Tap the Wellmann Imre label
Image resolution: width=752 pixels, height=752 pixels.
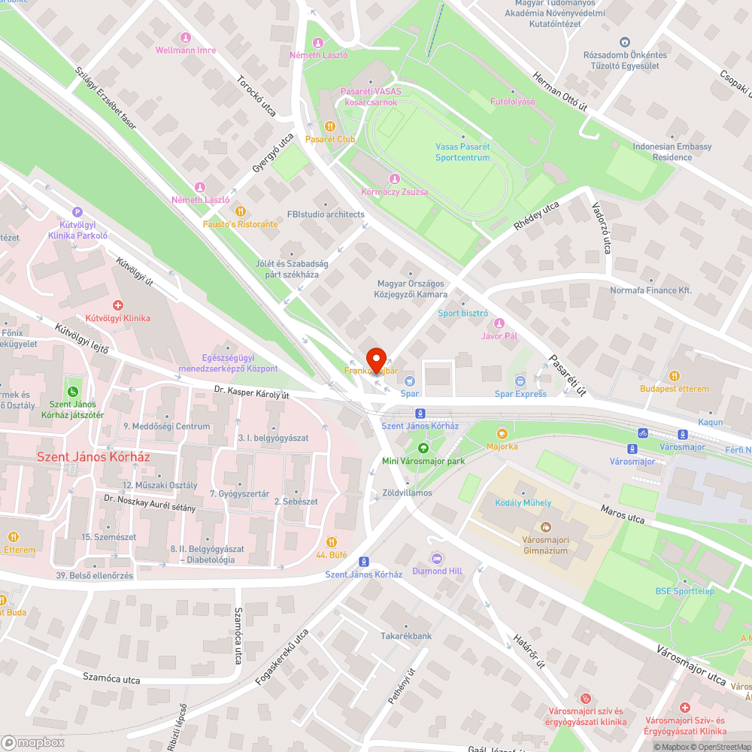(185, 50)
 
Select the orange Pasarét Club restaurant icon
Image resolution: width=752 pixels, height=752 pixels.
(329, 126)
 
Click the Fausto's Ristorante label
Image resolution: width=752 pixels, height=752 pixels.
(240, 224)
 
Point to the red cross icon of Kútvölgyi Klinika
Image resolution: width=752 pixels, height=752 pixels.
(117, 305)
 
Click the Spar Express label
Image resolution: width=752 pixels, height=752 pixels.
(520, 394)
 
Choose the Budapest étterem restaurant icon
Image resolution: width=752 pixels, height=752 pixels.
(675, 375)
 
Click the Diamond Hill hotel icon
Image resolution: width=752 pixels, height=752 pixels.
(437, 558)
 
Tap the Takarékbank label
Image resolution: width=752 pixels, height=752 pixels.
(406, 636)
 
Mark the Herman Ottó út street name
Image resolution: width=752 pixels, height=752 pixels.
(559, 93)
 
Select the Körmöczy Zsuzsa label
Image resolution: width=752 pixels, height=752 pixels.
(395, 192)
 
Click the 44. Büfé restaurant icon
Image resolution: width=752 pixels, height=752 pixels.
(332, 541)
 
